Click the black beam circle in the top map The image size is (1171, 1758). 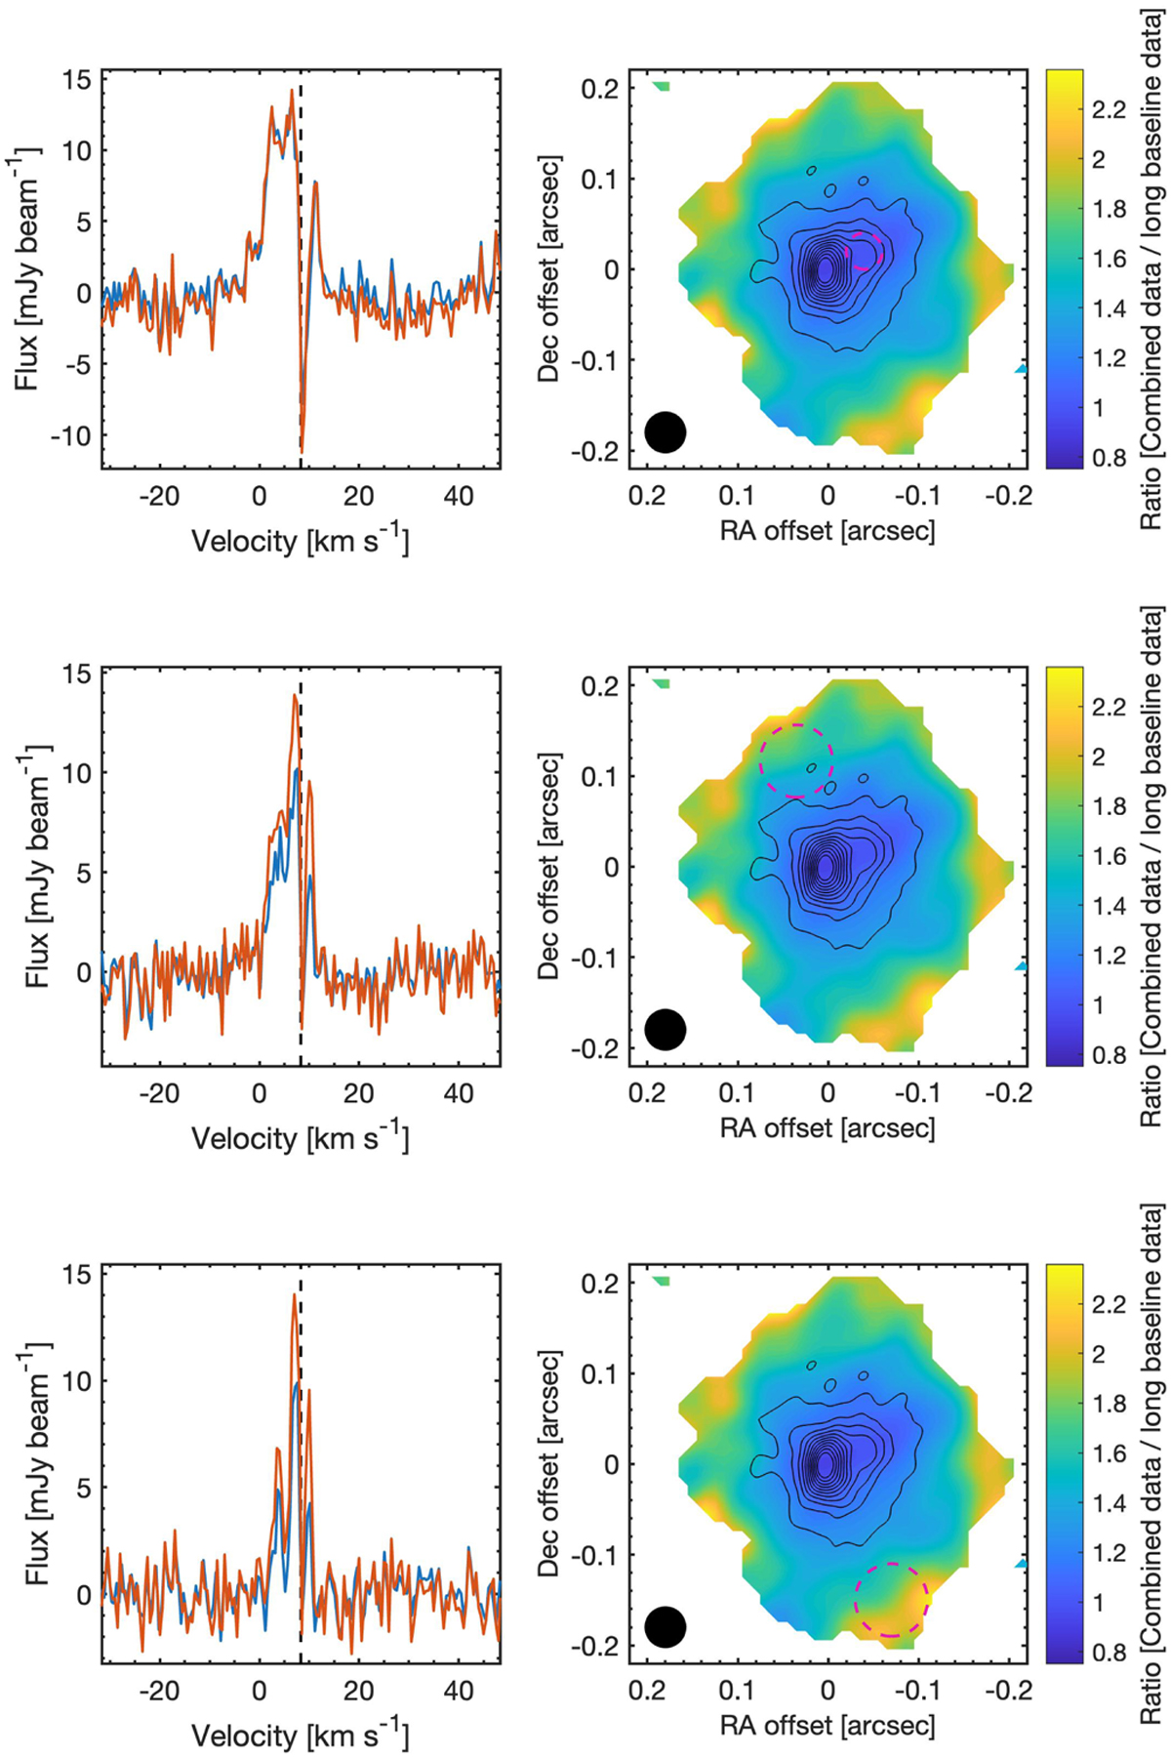(666, 431)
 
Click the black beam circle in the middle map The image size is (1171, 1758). (666, 1029)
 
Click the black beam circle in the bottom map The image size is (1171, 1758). (666, 1626)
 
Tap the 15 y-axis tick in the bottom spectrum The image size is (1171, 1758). (78, 1274)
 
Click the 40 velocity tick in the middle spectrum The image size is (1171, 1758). (459, 1093)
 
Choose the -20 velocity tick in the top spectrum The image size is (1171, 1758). (159, 496)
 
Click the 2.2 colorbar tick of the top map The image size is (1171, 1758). (1108, 109)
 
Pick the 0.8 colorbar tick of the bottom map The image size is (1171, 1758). (1108, 1652)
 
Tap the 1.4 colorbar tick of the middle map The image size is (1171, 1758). (1108, 906)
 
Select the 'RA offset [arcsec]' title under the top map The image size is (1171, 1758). (828, 531)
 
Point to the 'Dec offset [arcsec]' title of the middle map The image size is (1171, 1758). (549, 866)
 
